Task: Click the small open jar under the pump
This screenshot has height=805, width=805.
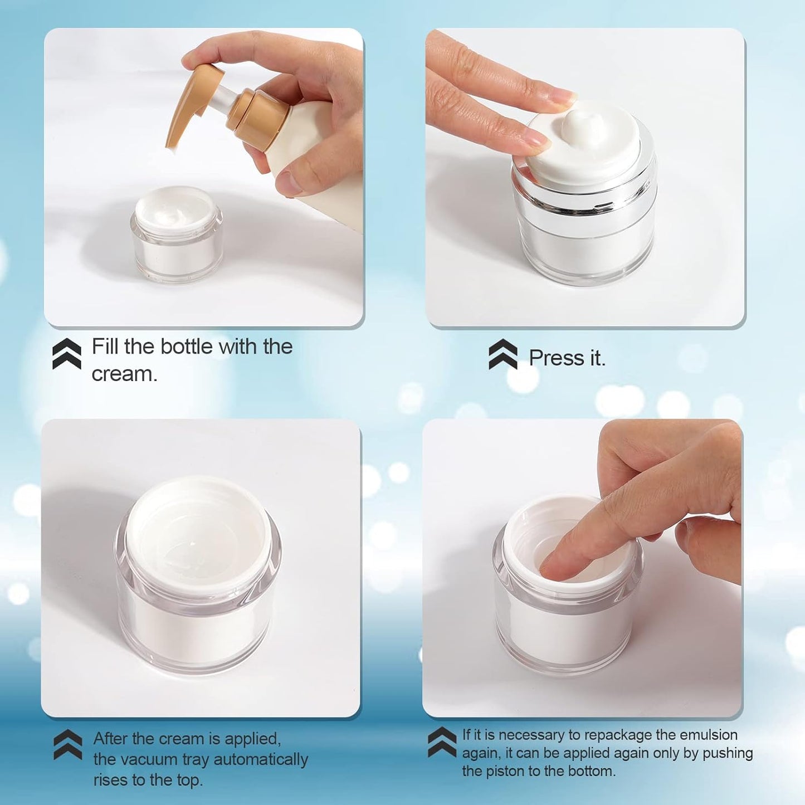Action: click(177, 234)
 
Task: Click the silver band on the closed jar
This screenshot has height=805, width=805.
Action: click(585, 201)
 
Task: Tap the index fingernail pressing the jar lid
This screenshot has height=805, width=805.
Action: click(563, 98)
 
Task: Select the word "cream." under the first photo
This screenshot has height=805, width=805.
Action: click(124, 374)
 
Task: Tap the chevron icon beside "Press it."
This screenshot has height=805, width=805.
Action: click(502, 354)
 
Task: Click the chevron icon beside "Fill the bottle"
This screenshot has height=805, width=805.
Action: click(66, 354)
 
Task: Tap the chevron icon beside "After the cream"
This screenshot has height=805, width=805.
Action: click(67, 745)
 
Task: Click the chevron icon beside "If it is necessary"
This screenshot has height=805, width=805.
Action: click(442, 742)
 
